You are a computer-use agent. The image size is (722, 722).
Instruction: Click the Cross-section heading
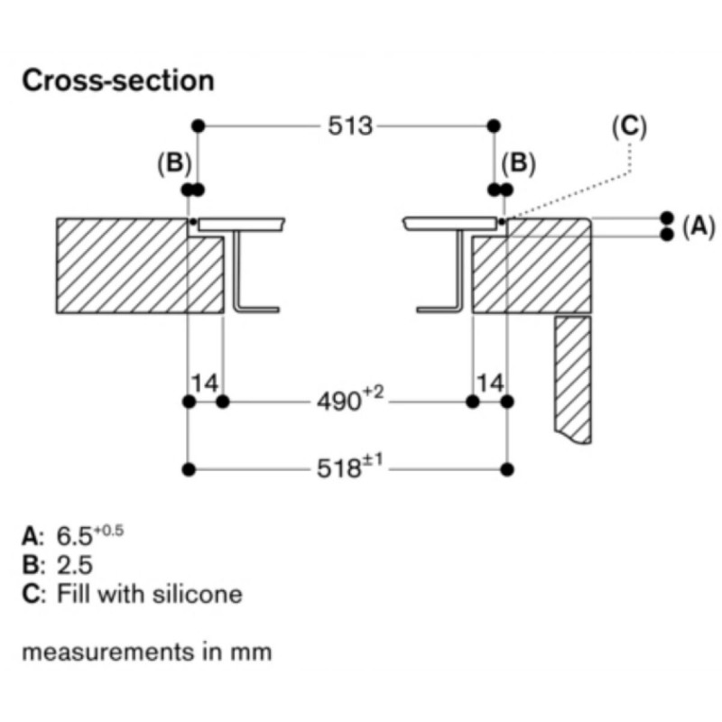click(x=118, y=80)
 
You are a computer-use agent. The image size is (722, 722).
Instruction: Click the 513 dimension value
click(x=351, y=125)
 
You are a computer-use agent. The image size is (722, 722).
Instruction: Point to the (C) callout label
click(x=629, y=126)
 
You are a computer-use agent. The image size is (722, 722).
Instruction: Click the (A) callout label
click(x=698, y=227)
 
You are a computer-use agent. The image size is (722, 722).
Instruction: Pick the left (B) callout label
click(x=174, y=163)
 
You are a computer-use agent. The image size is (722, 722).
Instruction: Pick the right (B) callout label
click(x=518, y=163)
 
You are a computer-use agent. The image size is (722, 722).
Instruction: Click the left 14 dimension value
click(x=205, y=384)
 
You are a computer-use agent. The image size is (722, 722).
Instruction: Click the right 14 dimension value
click(x=490, y=384)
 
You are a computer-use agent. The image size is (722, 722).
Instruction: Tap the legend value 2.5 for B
click(x=73, y=565)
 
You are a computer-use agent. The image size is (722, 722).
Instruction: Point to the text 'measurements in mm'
click(x=146, y=651)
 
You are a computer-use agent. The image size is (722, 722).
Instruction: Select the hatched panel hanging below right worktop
click(x=572, y=379)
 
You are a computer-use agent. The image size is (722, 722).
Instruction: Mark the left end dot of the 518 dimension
click(x=189, y=469)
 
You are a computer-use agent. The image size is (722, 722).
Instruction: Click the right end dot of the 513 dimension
click(x=493, y=125)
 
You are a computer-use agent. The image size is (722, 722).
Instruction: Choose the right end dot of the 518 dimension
click(x=506, y=469)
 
